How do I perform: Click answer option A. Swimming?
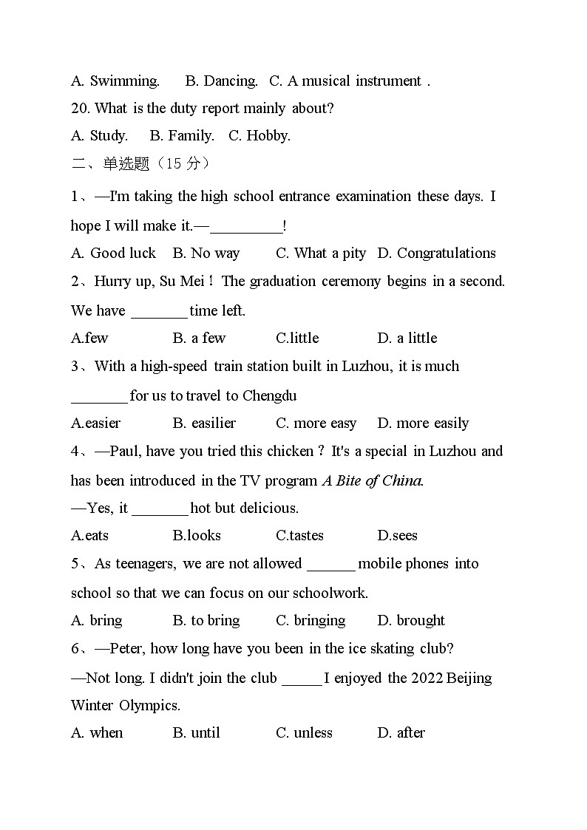point(115,81)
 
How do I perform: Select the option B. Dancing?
point(221,81)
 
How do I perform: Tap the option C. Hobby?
point(259,135)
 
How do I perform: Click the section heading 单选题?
point(126,163)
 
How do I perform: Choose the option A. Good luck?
point(113,253)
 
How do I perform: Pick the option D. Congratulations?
point(436,253)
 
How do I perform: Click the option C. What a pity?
point(321,253)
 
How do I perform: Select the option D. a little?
point(407,338)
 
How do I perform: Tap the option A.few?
point(89,338)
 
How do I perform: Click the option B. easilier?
point(204,423)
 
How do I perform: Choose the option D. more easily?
point(423,423)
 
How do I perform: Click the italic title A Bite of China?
point(373,480)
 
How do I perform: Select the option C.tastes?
point(299,535)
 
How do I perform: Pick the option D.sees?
point(397,535)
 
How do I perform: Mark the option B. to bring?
point(206,620)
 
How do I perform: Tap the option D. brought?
point(411,620)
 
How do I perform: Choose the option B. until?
point(197,732)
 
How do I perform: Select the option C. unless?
point(304,732)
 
